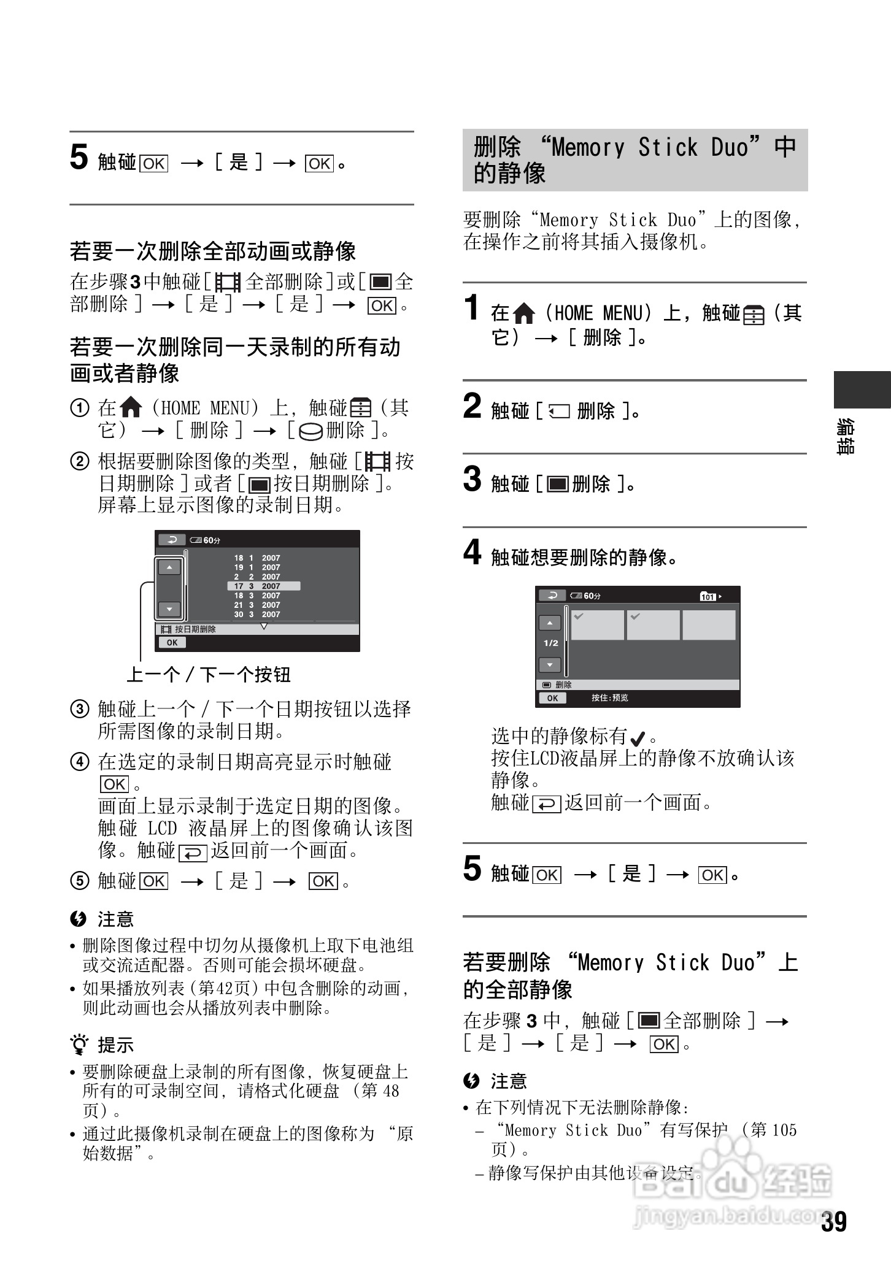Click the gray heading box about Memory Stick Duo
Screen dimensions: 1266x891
pos(634,160)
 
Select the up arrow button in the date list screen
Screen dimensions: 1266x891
pos(169,567)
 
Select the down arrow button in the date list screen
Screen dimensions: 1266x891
pos(169,609)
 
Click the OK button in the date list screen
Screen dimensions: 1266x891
pos(172,642)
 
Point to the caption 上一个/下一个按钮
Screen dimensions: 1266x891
pos(208,675)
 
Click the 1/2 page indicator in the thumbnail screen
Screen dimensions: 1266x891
pos(550,643)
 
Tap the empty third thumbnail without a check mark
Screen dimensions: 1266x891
pos(709,625)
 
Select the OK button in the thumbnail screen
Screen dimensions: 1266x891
pos(552,698)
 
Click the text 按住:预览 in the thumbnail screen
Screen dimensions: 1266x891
pos(609,698)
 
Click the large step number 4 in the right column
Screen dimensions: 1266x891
pos(472,552)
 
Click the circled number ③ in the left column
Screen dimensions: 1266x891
pos(80,709)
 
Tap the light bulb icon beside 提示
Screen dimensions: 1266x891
pos(79,1044)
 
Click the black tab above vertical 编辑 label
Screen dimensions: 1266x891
pos(862,389)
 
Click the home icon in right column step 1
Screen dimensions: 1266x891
pos(523,314)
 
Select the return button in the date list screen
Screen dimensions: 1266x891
pos(172,540)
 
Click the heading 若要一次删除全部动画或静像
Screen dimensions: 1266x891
pos(212,251)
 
